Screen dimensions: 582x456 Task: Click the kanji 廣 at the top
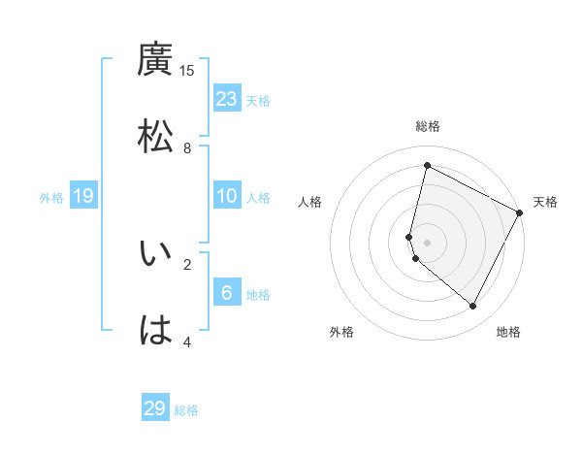tap(155, 60)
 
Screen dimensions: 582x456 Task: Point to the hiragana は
tap(155, 330)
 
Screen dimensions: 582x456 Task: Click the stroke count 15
tap(187, 71)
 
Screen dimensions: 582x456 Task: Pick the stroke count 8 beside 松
tap(187, 147)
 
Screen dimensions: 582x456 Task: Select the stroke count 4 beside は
tap(187, 342)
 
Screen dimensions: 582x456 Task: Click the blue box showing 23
tap(227, 99)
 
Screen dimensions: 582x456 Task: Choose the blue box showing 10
tap(227, 196)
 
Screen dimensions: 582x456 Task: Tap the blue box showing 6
tap(227, 293)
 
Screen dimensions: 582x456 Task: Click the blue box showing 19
tap(83, 197)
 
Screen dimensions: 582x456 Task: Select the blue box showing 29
tap(155, 408)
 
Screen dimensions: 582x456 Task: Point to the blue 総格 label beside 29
tap(187, 410)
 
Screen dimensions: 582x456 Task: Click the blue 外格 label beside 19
tap(51, 198)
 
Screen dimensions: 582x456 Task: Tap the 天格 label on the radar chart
tap(545, 202)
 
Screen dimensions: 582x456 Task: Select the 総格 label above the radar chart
tap(428, 126)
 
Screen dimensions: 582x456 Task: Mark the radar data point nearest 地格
tap(473, 306)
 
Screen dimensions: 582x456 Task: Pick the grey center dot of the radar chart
tap(428, 242)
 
